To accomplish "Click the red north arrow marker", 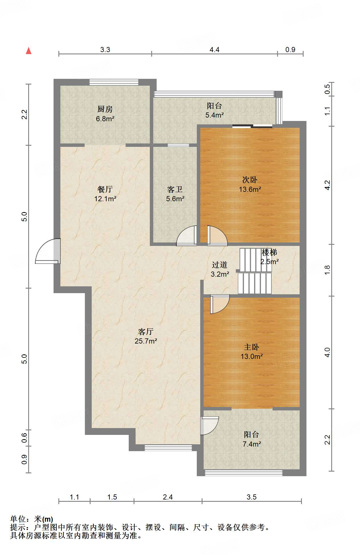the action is pyautogui.click(x=28, y=51).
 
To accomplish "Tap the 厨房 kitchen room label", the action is pyautogui.click(x=105, y=109).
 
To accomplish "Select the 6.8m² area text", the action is pyautogui.click(x=105, y=119).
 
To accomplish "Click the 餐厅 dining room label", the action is pyautogui.click(x=105, y=189).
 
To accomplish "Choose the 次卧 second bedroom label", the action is pyautogui.click(x=250, y=180).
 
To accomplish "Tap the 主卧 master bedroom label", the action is pyautogui.click(x=251, y=347).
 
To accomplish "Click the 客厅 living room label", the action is pyautogui.click(x=146, y=332).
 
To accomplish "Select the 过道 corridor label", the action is pyautogui.click(x=220, y=265).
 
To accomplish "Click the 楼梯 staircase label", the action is pyautogui.click(x=269, y=252).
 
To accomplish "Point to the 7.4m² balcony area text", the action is pyautogui.click(x=252, y=444).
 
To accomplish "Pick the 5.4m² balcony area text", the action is pyautogui.click(x=214, y=115).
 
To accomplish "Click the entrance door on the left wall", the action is pyautogui.click(x=48, y=251).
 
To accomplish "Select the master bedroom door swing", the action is pyautogui.click(x=220, y=304).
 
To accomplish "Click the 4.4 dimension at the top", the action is pyautogui.click(x=214, y=50).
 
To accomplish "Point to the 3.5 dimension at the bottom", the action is pyautogui.click(x=251, y=497).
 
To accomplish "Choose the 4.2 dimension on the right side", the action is pyautogui.click(x=327, y=185).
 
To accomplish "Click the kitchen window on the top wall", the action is pyautogui.click(x=114, y=82).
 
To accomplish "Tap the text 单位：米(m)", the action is pyautogui.click(x=32, y=519).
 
